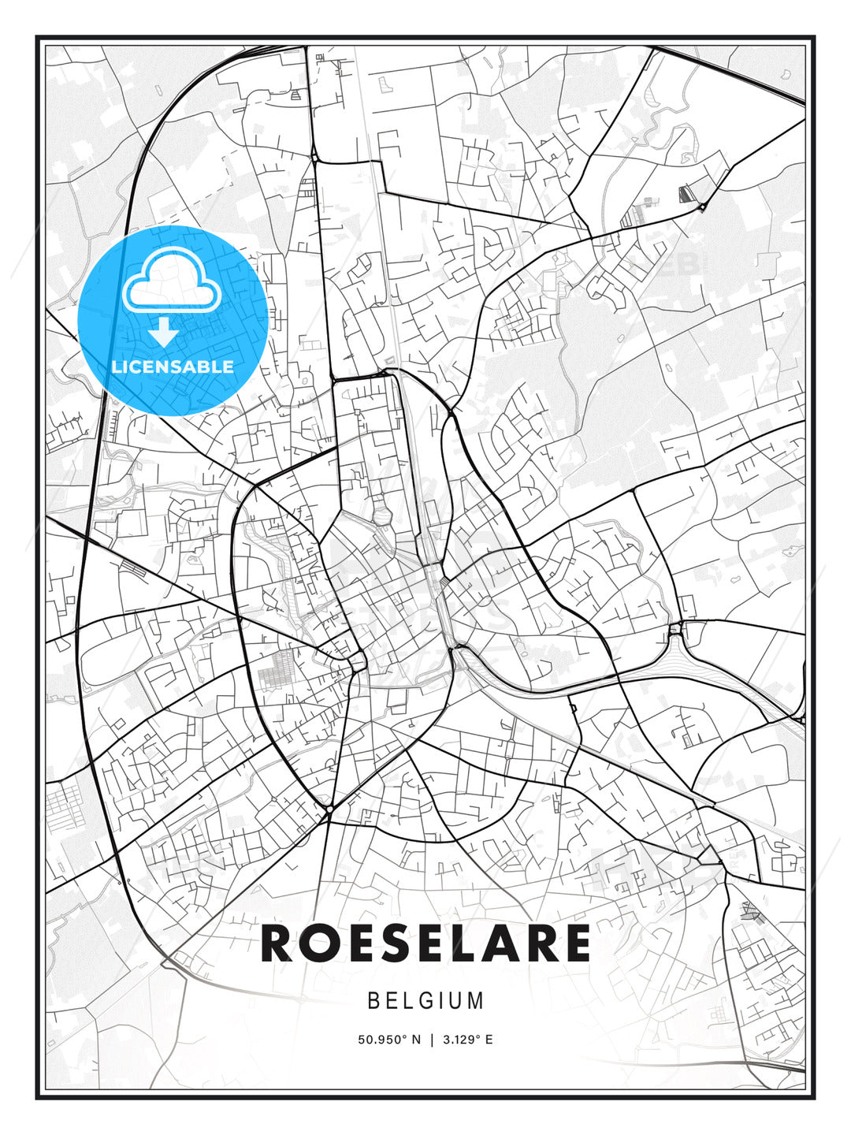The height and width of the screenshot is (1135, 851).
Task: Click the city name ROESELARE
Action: pyautogui.click(x=425, y=943)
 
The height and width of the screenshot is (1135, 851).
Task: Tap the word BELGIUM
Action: pyautogui.click(x=425, y=1001)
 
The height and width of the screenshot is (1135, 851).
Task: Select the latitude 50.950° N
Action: pyautogui.click(x=388, y=1040)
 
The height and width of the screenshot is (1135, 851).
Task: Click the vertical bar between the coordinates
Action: pyautogui.click(x=431, y=1040)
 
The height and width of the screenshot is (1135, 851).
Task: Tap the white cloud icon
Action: pyautogui.click(x=171, y=281)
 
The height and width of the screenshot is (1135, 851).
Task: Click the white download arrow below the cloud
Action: pyautogui.click(x=163, y=333)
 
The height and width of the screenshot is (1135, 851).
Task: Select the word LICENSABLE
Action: pyautogui.click(x=173, y=367)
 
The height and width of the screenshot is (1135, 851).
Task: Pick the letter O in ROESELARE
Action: pyautogui.click(x=323, y=943)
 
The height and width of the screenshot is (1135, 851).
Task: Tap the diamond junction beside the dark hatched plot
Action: pyautogui.click(x=701, y=207)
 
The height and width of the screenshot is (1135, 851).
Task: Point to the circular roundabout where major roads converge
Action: pyautogui.click(x=328, y=809)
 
